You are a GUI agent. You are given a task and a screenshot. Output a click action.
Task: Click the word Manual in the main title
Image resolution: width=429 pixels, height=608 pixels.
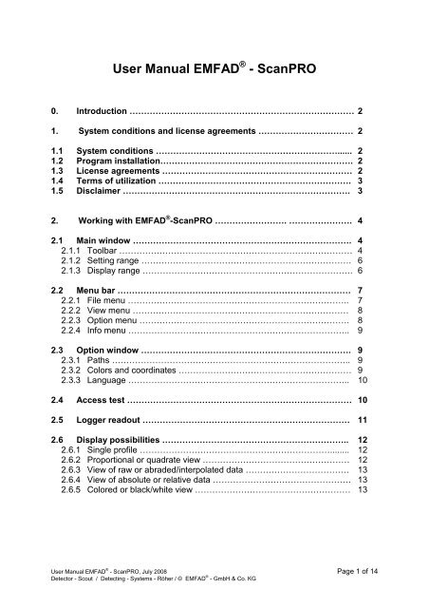pos(180,67)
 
